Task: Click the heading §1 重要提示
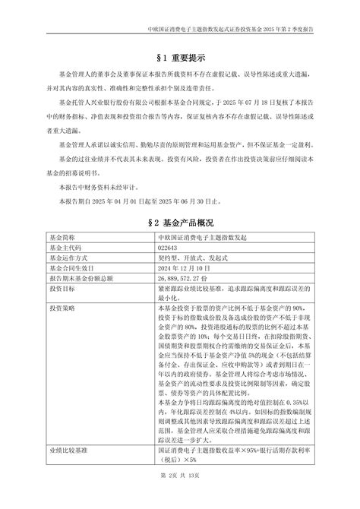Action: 180,57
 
